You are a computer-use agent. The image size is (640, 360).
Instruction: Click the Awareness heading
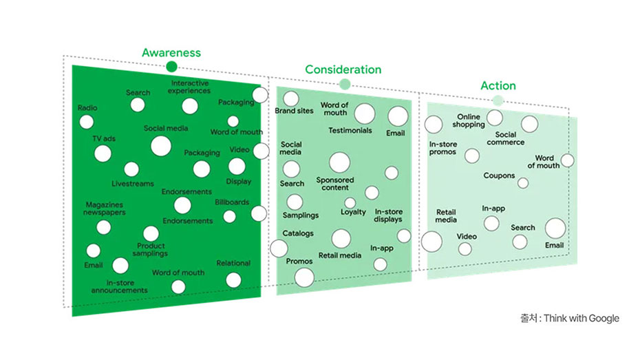pyautogui.click(x=171, y=52)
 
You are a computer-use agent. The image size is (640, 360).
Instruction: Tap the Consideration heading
pyautogui.click(x=343, y=70)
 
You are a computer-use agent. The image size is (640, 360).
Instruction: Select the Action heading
pyautogui.click(x=498, y=86)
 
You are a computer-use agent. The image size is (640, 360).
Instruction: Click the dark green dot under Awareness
pyautogui.click(x=171, y=67)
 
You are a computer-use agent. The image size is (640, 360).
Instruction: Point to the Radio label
pyautogui.click(x=87, y=108)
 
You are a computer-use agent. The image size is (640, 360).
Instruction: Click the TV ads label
pyautogui.click(x=104, y=139)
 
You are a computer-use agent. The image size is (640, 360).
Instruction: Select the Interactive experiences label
pyautogui.click(x=190, y=87)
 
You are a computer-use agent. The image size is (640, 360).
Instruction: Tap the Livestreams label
pyautogui.click(x=133, y=184)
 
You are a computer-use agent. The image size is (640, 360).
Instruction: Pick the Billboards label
pyautogui.click(x=232, y=202)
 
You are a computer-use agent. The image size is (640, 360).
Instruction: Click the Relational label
pyautogui.click(x=233, y=263)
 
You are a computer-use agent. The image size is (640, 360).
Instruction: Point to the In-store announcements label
pyautogui.click(x=119, y=286)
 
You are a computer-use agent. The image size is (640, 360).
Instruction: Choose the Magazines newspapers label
pyautogui.click(x=105, y=209)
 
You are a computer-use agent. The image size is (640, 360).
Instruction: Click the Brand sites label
pyautogui.click(x=294, y=111)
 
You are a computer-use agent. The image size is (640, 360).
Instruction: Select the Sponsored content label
pyautogui.click(x=335, y=184)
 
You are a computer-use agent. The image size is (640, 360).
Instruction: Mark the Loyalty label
pyautogui.click(x=353, y=212)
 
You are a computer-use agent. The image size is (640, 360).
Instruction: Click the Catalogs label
pyautogui.click(x=297, y=233)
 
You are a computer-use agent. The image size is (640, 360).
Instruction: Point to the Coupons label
pyautogui.click(x=499, y=176)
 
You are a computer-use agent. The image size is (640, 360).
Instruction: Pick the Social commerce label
pyautogui.click(x=505, y=139)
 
